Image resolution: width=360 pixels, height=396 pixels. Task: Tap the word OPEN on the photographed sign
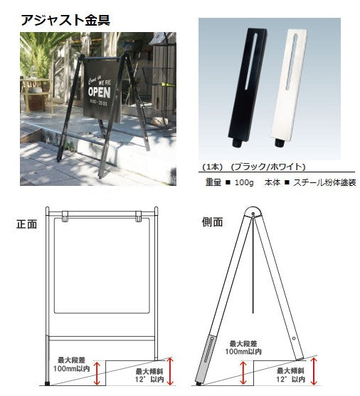pyautogui.click(x=100, y=92)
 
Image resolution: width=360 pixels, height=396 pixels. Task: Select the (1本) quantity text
pyautogui.click(x=214, y=166)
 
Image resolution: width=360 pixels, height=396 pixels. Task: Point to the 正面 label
pyautogui.click(x=27, y=223)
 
